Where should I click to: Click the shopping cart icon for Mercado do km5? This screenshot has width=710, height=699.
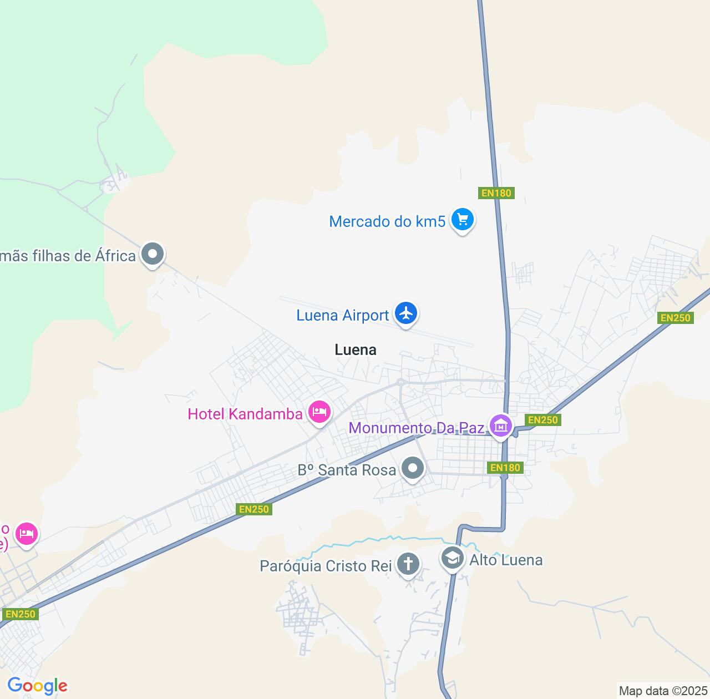coord(462,220)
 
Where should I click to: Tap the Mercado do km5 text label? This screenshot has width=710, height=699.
coord(387,221)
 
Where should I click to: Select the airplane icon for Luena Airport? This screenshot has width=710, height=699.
coord(406,313)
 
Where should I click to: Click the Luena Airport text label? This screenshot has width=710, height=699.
coord(342,315)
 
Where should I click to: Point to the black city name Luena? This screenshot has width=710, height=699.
coord(356,349)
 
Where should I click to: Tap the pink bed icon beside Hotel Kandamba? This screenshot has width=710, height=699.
coord(319,412)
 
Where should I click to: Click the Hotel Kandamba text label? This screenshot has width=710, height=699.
coord(245,414)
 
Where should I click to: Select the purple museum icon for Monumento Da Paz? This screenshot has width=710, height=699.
coord(501,426)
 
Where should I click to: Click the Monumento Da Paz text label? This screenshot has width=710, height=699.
coord(417,428)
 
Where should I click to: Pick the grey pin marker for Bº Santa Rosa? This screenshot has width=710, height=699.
coord(412,469)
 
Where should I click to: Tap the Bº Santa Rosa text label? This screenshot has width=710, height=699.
coord(347,470)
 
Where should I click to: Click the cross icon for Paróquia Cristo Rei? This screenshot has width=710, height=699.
coord(408,564)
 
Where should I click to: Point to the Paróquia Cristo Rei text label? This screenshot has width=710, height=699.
coord(326,566)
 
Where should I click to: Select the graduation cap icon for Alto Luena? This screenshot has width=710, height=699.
coord(453,558)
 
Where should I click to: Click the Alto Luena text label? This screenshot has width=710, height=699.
coord(506,560)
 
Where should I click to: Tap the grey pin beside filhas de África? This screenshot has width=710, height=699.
coord(153,254)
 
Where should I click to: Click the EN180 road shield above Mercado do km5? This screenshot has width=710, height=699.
coord(496,193)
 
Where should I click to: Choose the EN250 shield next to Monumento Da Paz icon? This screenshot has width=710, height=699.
coord(542,420)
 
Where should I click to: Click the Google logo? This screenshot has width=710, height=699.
coord(37,686)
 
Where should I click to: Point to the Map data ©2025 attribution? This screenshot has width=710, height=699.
coord(663,691)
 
